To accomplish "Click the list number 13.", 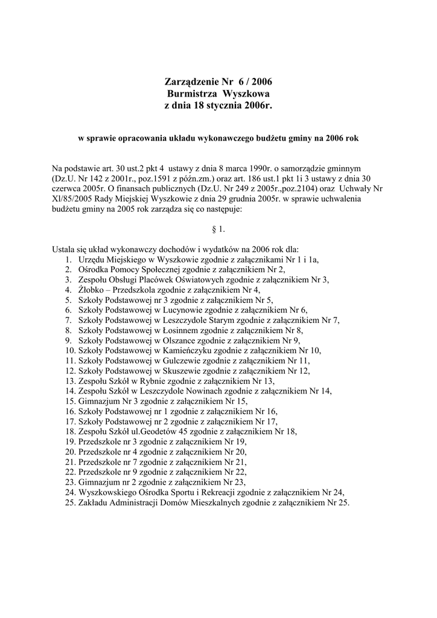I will tap(69, 381).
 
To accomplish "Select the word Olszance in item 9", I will tap(180, 340).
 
